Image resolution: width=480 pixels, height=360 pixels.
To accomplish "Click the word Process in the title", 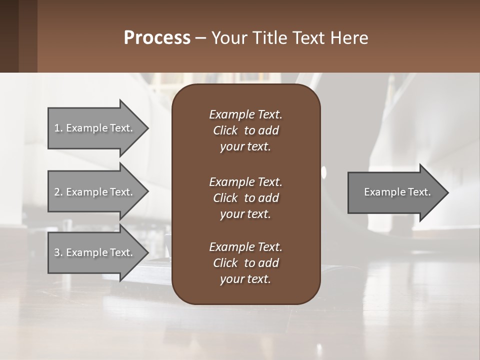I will coord(157,38).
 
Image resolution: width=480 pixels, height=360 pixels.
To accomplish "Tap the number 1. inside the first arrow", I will coord(58,128).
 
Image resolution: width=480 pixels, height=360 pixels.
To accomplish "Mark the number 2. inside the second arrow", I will coord(58,192).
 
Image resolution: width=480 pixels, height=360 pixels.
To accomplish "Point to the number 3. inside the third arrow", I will coord(58,252).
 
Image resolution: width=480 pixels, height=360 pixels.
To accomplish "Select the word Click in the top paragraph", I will coord(225,130).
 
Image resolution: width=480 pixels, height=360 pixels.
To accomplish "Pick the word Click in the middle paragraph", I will coord(225,198).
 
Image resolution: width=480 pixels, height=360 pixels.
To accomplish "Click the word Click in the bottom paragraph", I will coord(225,263).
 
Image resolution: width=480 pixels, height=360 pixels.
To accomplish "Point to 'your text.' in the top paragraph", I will coord(245,147).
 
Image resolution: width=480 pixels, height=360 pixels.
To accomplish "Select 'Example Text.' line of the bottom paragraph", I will coord(245,247).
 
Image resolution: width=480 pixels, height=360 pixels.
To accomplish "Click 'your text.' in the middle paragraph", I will coord(245,214).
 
